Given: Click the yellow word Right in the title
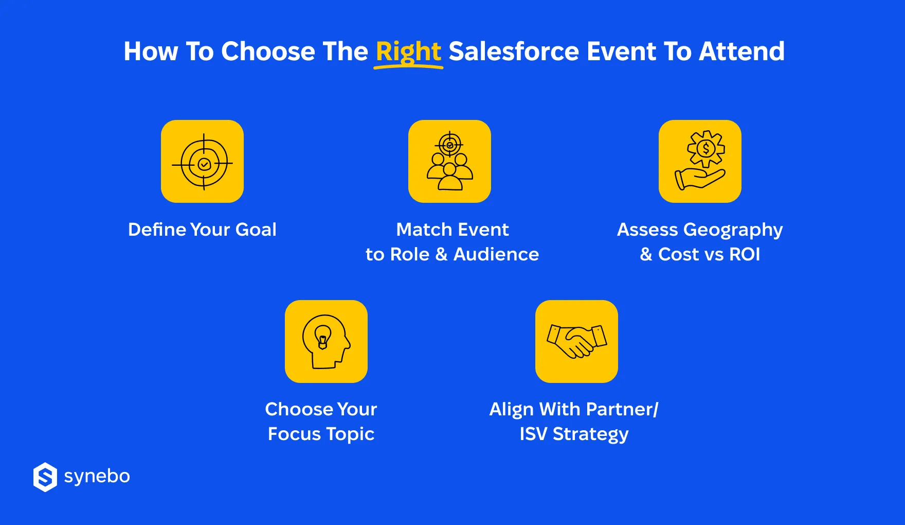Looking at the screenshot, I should pyautogui.click(x=408, y=51).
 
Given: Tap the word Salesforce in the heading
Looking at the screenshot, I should pyautogui.click(x=514, y=51).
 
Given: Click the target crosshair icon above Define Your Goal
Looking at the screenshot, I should pyautogui.click(x=202, y=162).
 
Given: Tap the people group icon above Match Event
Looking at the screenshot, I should pyautogui.click(x=449, y=162).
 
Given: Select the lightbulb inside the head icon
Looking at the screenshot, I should pyautogui.click(x=323, y=338).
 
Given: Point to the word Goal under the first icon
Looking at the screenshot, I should pyautogui.click(x=256, y=230).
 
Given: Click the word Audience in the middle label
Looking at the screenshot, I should pyautogui.click(x=496, y=254).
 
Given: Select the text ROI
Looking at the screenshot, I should pyautogui.click(x=744, y=254).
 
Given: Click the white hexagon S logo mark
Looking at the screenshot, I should pyautogui.click(x=45, y=477).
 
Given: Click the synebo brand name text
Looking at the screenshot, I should pyautogui.click(x=97, y=477).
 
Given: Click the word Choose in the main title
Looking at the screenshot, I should pyautogui.click(x=268, y=51).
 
